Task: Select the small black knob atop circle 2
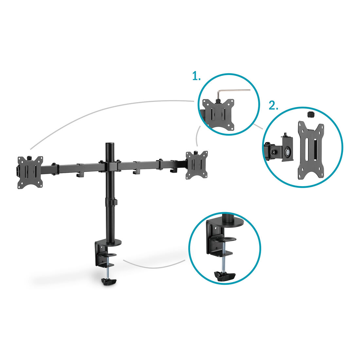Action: [x=310, y=115]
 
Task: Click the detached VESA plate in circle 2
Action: [x=311, y=150]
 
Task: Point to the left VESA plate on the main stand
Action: [x=30, y=172]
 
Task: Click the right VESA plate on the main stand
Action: [x=197, y=165]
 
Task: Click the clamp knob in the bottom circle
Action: [x=225, y=276]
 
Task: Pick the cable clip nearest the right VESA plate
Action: [x=173, y=170]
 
